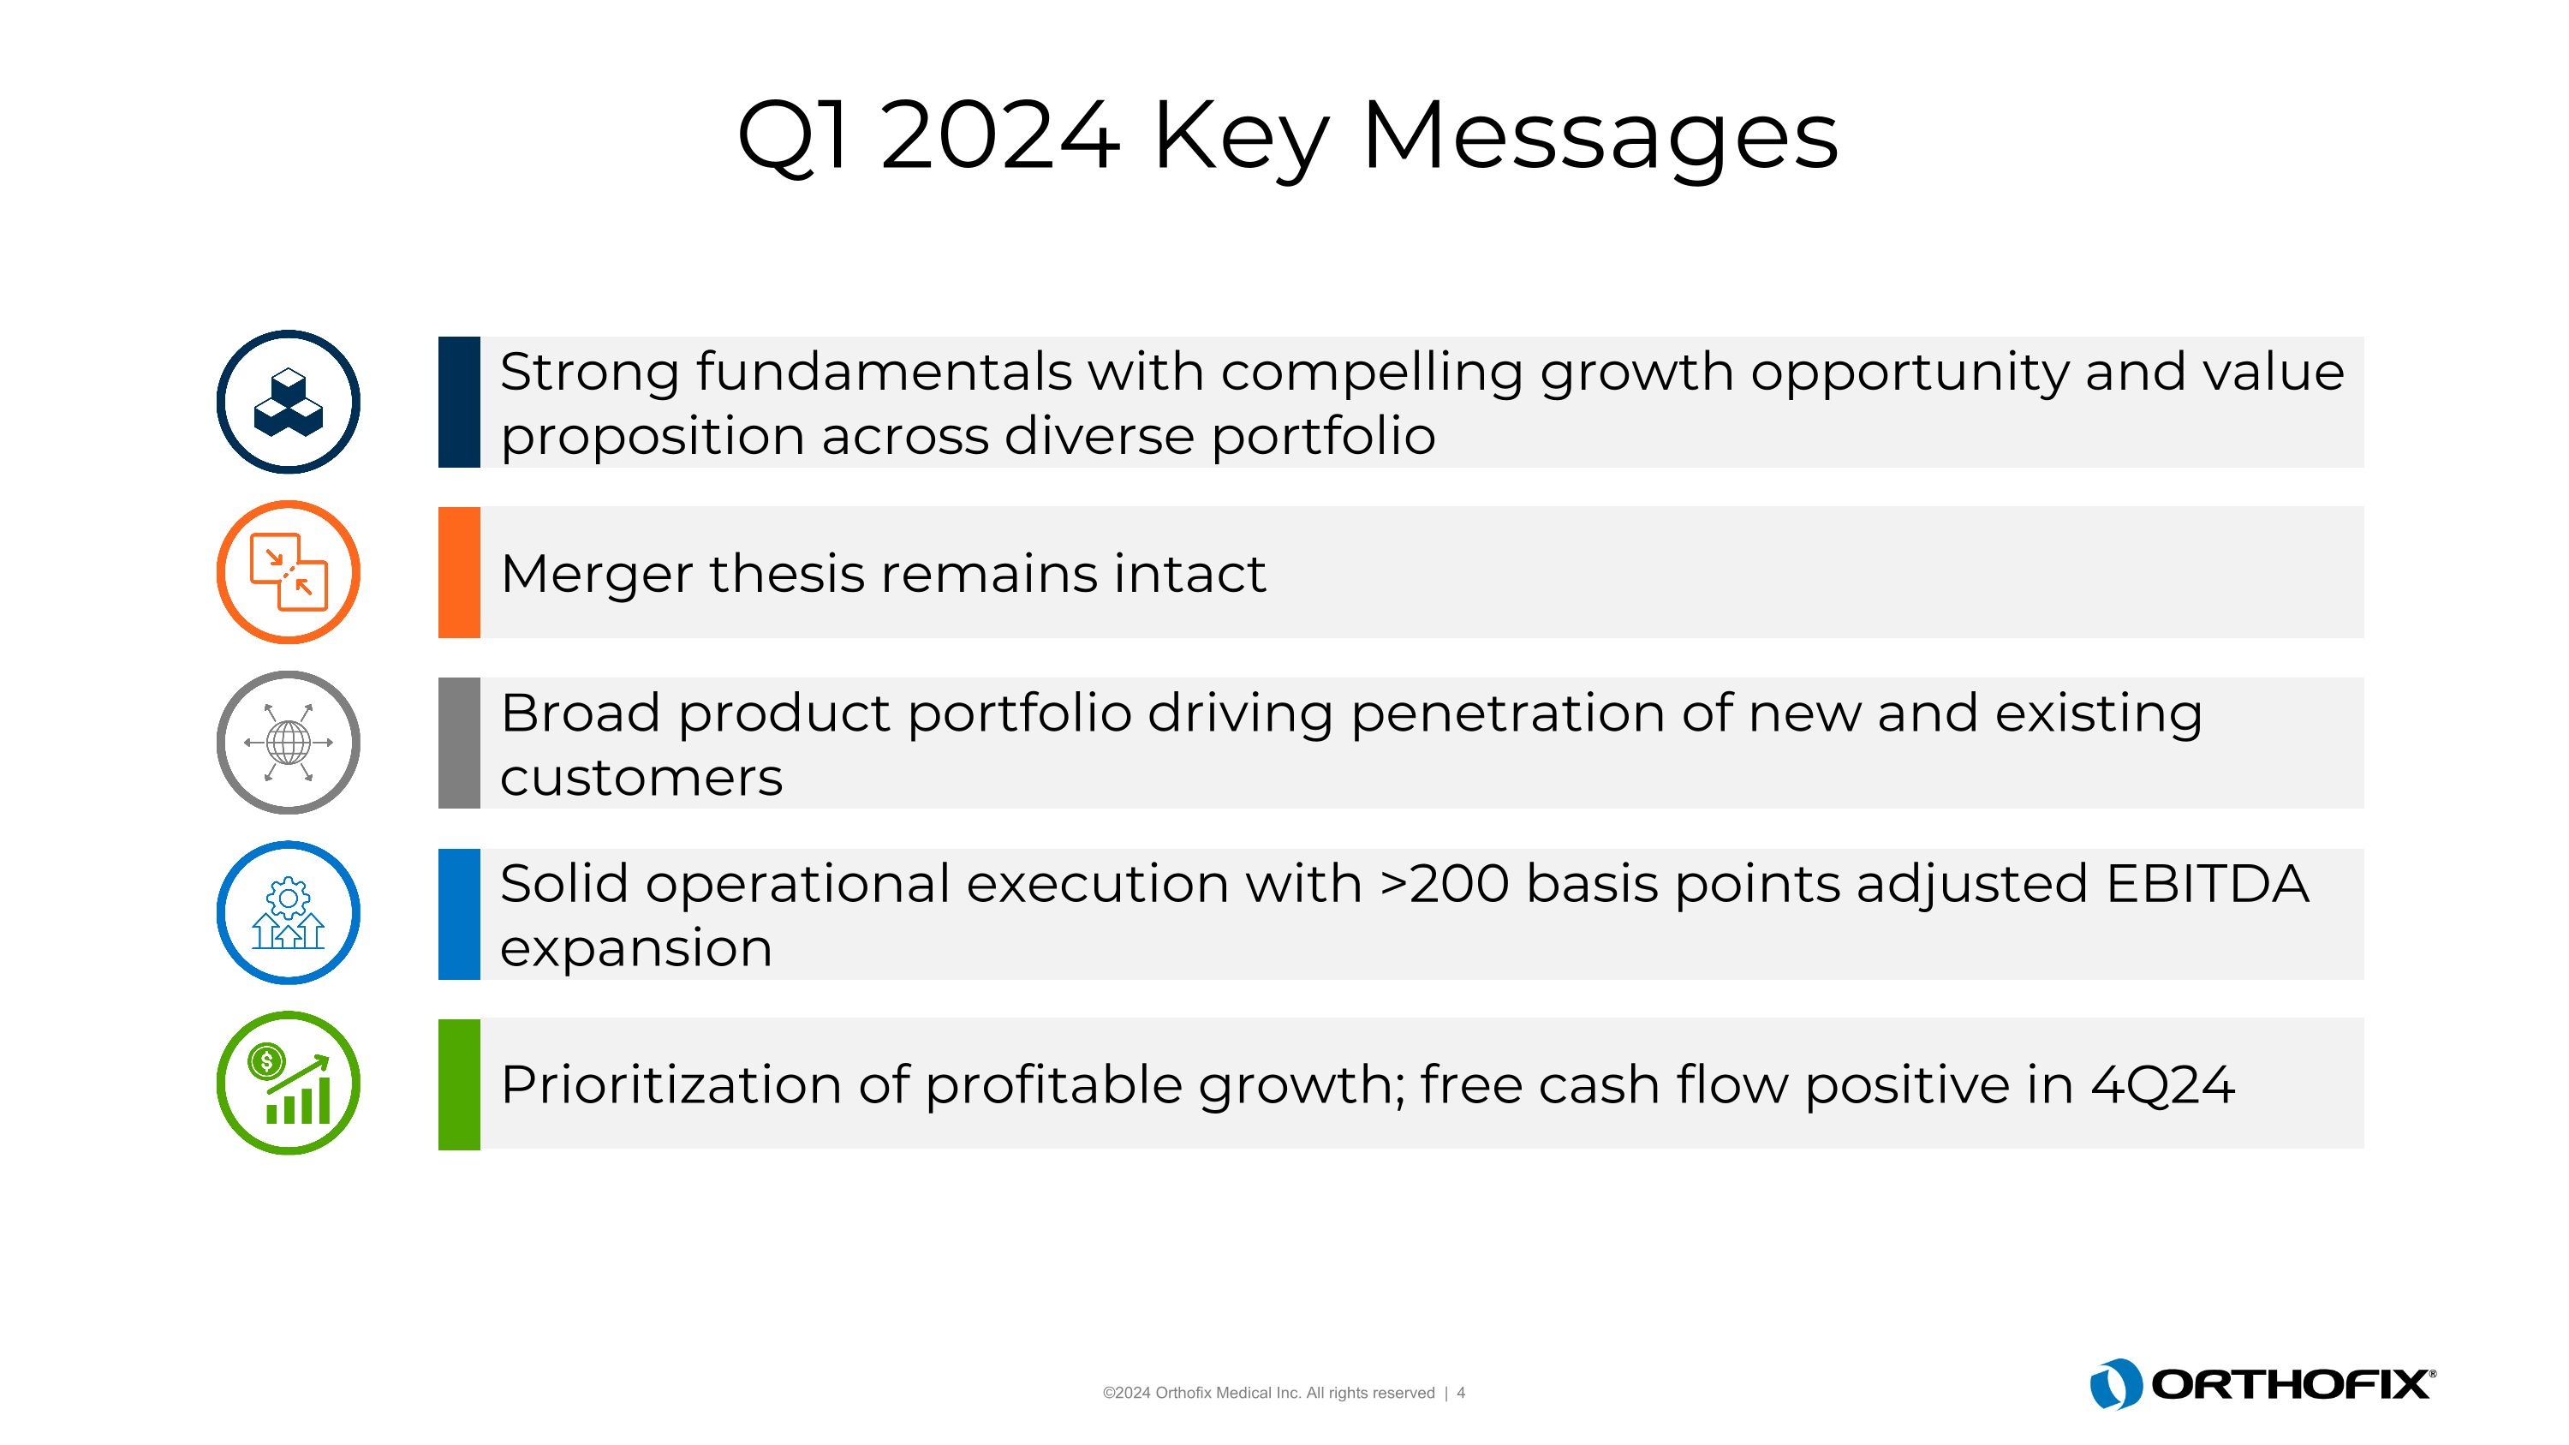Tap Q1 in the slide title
[x=794, y=137]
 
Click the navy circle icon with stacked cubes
[x=289, y=402]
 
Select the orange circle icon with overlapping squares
[x=289, y=572]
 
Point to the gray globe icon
[x=289, y=742]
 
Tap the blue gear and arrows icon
[x=289, y=912]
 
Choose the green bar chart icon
[x=289, y=1083]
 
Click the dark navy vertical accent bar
[x=459, y=402]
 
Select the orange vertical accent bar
[x=459, y=572]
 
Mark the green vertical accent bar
[x=459, y=1084]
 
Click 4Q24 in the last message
[x=2162, y=1085]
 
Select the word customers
[x=641, y=778]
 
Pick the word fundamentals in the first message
[x=884, y=373]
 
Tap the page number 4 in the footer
[x=1461, y=1393]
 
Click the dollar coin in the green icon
[x=266, y=1061]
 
